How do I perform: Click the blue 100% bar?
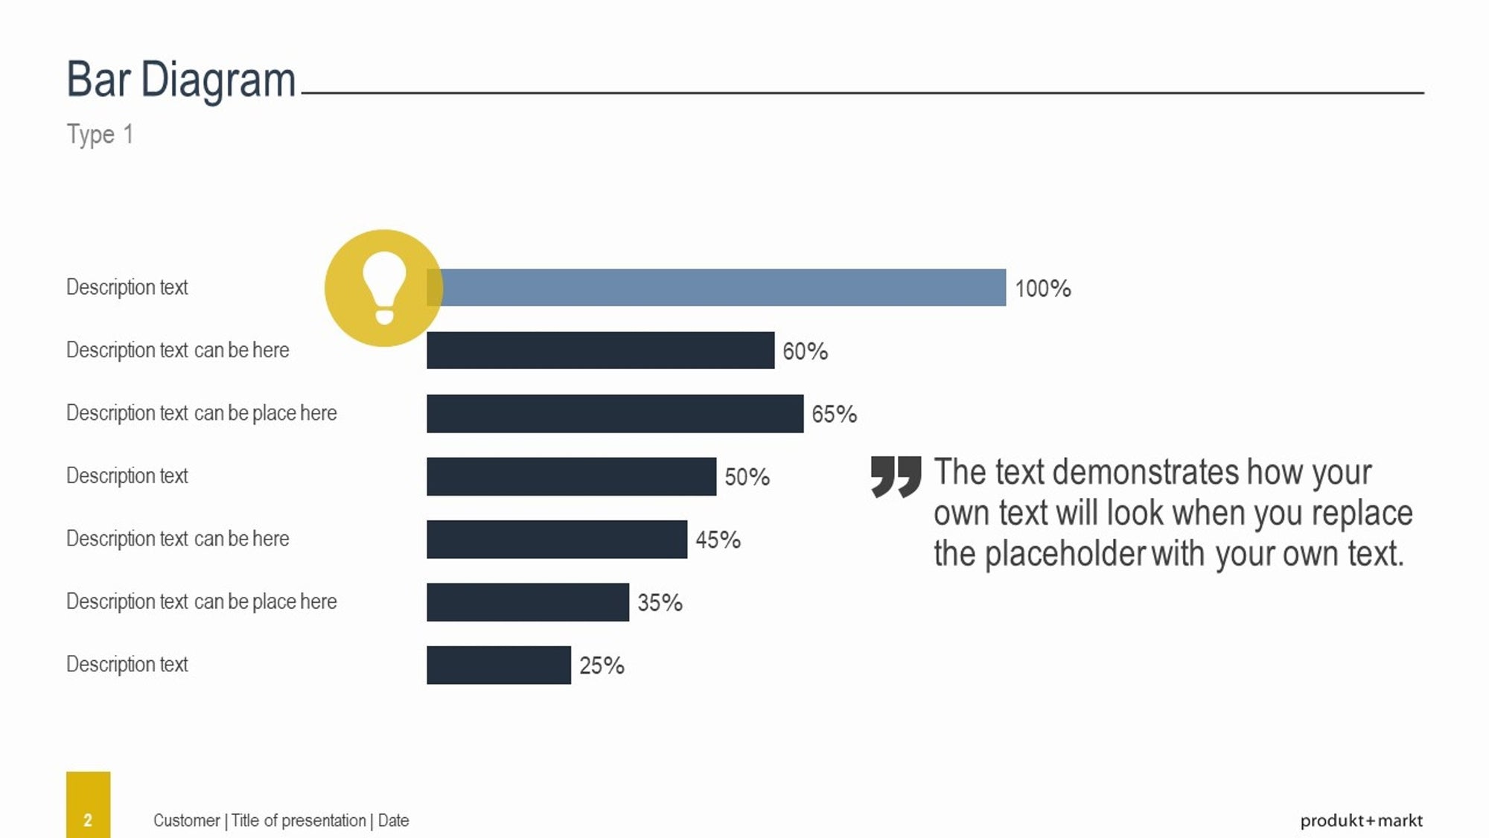[716, 287]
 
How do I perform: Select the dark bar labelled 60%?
[600, 350]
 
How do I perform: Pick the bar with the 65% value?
[615, 413]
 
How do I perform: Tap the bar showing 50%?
[571, 476]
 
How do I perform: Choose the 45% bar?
[557, 539]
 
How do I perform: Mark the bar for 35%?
[528, 602]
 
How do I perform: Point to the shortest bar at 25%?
[499, 665]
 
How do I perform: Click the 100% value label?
[1042, 289]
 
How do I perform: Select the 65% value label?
[834, 414]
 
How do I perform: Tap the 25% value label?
[602, 665]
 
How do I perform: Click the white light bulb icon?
[384, 287]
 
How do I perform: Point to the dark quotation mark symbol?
[896, 476]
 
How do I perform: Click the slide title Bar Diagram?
[181, 80]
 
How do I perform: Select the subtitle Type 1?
[100, 135]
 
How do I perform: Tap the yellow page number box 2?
[88, 805]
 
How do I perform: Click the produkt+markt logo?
[1361, 821]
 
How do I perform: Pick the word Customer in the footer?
[186, 820]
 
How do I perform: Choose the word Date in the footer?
[393, 820]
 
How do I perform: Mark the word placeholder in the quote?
[1065, 554]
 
